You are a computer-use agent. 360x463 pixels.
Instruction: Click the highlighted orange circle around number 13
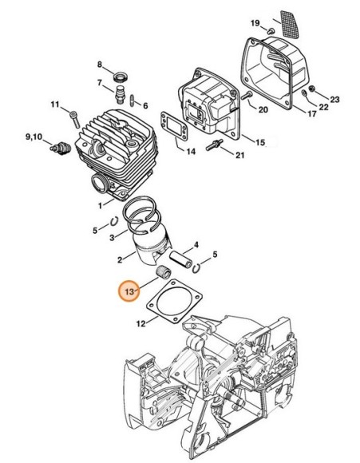coord(129,291)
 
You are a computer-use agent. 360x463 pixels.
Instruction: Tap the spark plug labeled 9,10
coord(61,148)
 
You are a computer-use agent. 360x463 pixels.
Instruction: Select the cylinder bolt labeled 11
coord(75,119)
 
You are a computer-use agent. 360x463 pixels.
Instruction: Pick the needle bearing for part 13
coord(164,271)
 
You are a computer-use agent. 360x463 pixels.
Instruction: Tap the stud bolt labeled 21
coord(214,145)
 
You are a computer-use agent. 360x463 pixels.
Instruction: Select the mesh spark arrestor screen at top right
coord(290,24)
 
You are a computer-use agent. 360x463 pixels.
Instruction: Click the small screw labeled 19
coord(271,30)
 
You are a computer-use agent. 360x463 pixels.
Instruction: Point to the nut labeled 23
coord(313,88)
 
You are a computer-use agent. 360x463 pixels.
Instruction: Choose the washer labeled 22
coord(304,93)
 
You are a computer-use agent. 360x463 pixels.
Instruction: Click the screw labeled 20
coord(247,96)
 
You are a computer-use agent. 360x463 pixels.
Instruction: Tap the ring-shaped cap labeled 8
coord(121,77)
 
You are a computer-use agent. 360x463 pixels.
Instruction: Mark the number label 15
coord(260,142)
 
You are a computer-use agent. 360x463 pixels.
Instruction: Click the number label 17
coord(311,113)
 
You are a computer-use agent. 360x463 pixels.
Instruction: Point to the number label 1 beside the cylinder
coord(100,205)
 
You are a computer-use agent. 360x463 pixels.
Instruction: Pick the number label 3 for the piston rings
coord(112,237)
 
